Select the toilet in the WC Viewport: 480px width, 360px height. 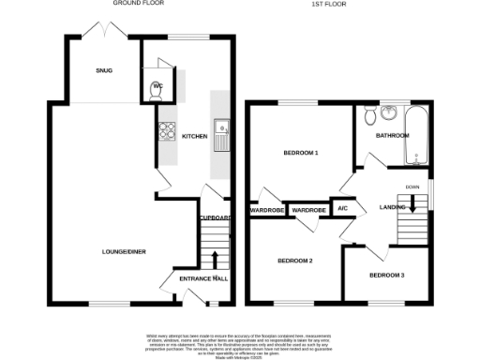point(156,89)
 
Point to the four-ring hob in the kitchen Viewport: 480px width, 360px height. point(168,132)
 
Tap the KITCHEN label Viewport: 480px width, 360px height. point(194,137)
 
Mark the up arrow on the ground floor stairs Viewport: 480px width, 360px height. point(216,258)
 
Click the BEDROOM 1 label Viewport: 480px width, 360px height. point(302,152)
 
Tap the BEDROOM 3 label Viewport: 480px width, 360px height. point(387,275)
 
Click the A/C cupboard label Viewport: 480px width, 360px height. point(342,208)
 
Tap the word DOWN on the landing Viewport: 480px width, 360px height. point(412,187)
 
